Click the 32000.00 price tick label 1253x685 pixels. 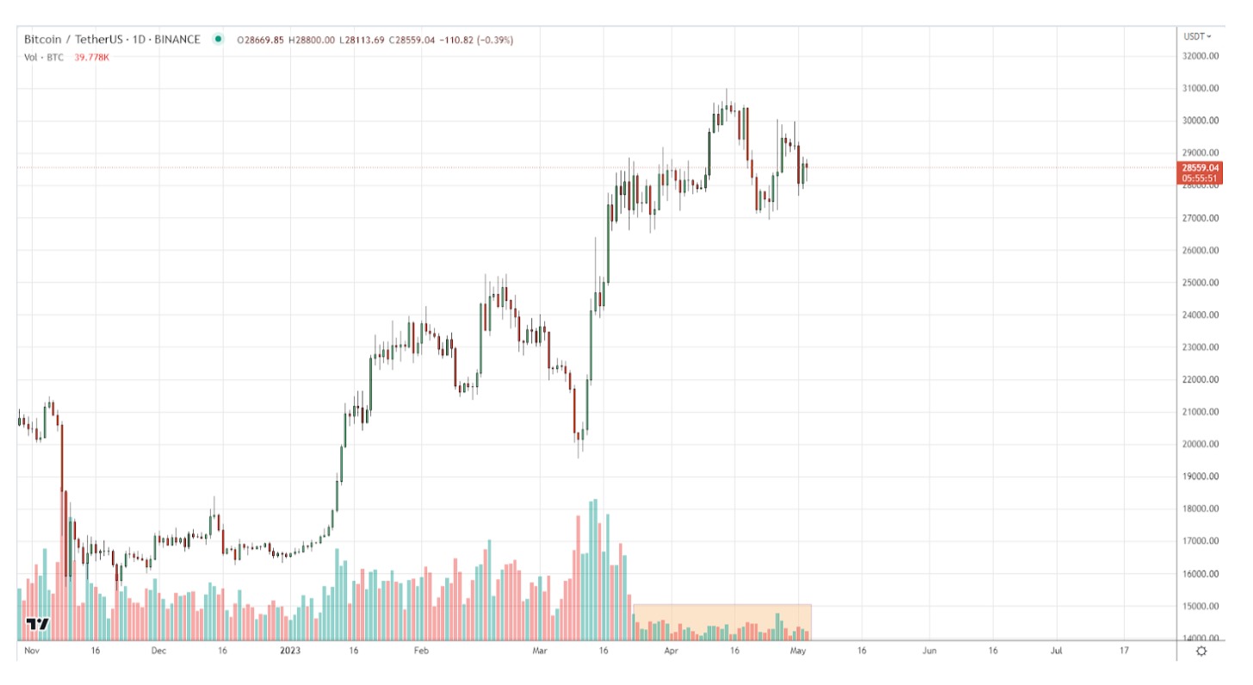[x=1200, y=56]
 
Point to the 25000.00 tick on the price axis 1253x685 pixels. [x=1200, y=283]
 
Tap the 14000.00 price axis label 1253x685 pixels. [x=1200, y=638]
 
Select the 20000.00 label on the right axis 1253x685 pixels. [x=1200, y=445]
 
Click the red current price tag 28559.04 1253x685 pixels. [x=1200, y=168]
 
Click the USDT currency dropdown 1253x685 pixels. [x=1197, y=36]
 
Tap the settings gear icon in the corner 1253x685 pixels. [x=1201, y=651]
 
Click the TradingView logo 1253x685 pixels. [x=37, y=624]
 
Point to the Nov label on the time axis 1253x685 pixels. [x=32, y=651]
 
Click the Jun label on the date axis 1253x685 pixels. [x=929, y=651]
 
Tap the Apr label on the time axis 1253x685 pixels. [x=671, y=651]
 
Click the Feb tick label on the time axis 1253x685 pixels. [x=419, y=651]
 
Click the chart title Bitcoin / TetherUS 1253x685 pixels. [x=75, y=40]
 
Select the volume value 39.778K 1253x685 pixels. [x=92, y=58]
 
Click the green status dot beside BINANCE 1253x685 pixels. [x=218, y=39]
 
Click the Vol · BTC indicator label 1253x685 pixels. [x=42, y=58]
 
